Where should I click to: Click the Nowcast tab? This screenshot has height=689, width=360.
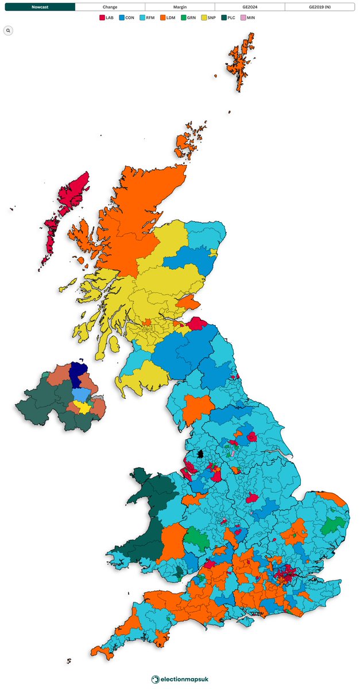click(x=40, y=7)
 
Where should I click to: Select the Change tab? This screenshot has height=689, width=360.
click(x=110, y=7)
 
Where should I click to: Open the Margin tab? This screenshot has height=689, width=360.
click(x=180, y=7)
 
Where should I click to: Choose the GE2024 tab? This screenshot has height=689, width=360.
click(x=249, y=7)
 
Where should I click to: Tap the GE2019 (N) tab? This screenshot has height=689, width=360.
click(x=319, y=7)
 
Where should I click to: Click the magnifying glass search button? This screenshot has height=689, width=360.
click(x=8, y=30)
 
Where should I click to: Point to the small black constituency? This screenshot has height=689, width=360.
click(x=200, y=454)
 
